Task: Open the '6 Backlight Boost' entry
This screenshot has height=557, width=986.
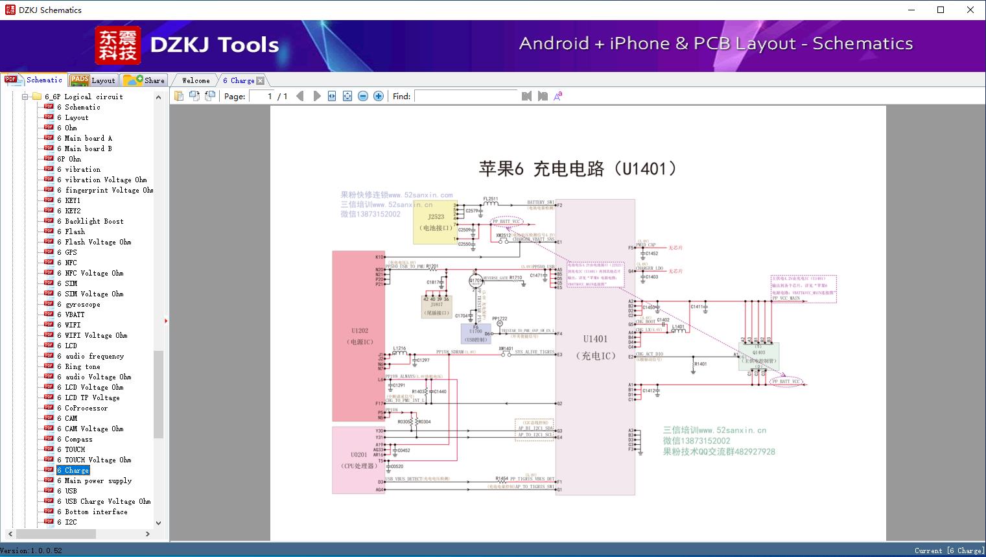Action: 93,221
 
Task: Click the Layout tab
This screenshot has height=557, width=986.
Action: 93,80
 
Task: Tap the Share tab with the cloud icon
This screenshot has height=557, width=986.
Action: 145,80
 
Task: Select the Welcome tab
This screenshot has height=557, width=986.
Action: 195,80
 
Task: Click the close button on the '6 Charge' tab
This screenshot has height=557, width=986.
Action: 261,81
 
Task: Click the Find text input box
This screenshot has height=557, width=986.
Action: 466,96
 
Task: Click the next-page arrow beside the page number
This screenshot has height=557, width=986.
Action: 316,96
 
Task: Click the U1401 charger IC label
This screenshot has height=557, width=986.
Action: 595,339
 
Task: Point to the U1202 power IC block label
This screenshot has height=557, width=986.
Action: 359,331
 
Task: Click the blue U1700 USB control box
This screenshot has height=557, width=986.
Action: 476,332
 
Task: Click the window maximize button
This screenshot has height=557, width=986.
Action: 941,10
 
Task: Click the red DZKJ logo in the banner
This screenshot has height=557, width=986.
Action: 117,45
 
